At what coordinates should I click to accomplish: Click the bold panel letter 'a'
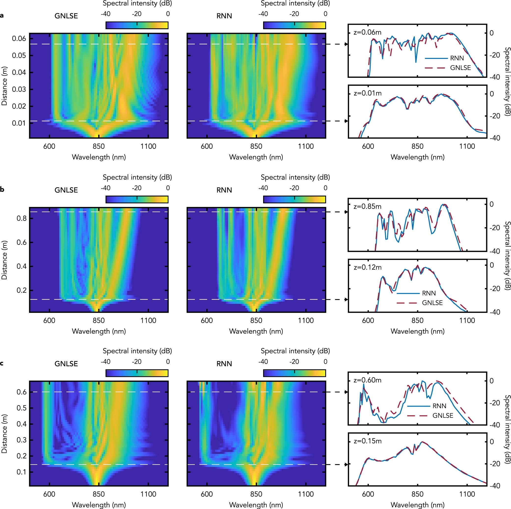(x=2, y=16)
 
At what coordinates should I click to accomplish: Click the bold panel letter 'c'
(x=2, y=363)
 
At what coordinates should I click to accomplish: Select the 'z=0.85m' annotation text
(x=367, y=206)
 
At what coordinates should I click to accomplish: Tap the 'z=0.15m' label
(x=367, y=441)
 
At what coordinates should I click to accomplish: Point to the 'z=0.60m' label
(x=367, y=380)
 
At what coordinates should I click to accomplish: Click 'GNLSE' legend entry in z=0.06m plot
(x=460, y=68)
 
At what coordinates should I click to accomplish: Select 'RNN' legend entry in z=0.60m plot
(x=439, y=406)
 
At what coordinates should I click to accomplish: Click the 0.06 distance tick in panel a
(x=19, y=39)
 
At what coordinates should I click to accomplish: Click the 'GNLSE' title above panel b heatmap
(x=66, y=190)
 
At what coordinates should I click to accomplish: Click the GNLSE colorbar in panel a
(x=137, y=25)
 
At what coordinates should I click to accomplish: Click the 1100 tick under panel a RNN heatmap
(x=306, y=146)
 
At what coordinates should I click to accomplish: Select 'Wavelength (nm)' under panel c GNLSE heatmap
(x=99, y=505)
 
